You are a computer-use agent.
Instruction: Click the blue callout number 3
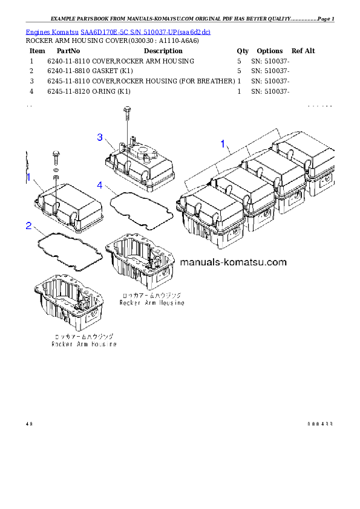click(x=100, y=138)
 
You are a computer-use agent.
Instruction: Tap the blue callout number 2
click(x=28, y=226)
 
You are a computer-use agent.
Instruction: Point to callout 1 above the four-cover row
click(x=223, y=144)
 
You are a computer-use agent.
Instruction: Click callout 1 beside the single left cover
click(x=28, y=177)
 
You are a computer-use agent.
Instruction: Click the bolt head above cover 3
click(x=126, y=111)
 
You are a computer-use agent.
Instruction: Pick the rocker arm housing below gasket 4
click(x=140, y=261)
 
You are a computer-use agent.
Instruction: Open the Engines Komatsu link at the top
click(x=118, y=31)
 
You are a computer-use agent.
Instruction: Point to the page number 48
click(x=28, y=423)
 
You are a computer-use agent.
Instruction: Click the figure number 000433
click(x=319, y=423)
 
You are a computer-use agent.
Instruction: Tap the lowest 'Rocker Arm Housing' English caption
click(x=83, y=344)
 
